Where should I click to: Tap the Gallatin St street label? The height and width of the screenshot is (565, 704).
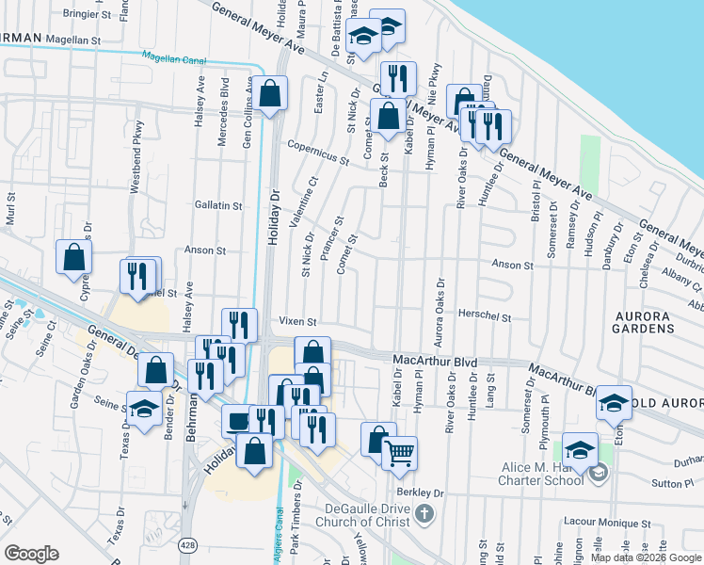(217, 205)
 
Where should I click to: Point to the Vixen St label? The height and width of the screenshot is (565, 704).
(296, 321)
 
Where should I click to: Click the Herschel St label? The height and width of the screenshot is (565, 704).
(485, 317)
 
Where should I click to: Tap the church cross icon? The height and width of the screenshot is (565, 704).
(425, 513)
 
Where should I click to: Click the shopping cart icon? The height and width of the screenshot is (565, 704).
(400, 453)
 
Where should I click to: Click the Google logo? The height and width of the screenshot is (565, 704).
(31, 553)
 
